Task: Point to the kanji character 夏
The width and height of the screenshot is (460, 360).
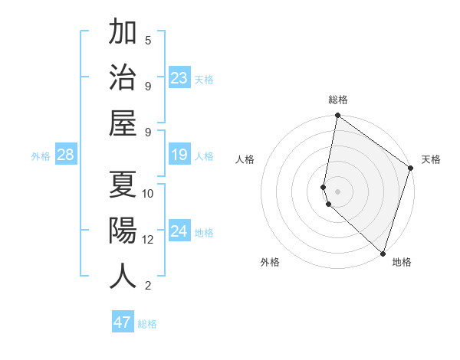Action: coord(123,184)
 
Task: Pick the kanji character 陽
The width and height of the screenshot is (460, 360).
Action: coord(123,230)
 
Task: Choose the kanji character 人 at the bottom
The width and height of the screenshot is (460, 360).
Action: coord(123,276)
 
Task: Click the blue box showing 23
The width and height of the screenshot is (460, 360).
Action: coord(179,77)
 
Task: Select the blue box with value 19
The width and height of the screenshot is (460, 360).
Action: coord(179,155)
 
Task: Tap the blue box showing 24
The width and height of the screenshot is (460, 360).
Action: coord(179,231)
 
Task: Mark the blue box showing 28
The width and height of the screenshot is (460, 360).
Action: coord(66,155)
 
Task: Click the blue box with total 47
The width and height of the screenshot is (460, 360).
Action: coord(123,322)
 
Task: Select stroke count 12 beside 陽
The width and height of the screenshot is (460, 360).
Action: coord(148,240)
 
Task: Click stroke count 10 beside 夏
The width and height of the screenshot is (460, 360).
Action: coord(148,193)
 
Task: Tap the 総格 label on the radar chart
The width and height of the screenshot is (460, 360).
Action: coord(338,100)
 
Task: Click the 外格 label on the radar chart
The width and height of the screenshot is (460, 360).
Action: coord(270,263)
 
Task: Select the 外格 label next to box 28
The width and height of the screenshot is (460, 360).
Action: coord(41,156)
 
